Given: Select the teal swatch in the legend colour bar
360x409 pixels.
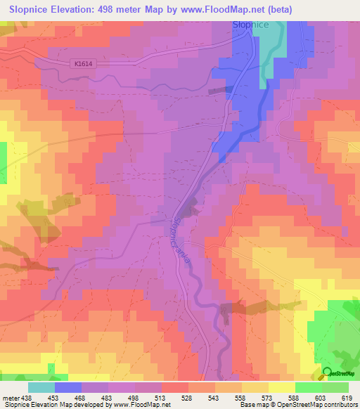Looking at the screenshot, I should pyautogui.click(x=41, y=387).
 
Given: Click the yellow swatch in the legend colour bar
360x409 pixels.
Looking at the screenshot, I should pyautogui.click(x=281, y=387).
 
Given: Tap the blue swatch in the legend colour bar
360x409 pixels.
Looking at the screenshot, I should pyautogui.click(x=68, y=387).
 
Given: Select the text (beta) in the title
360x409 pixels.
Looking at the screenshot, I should pyautogui.click(x=278, y=9).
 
